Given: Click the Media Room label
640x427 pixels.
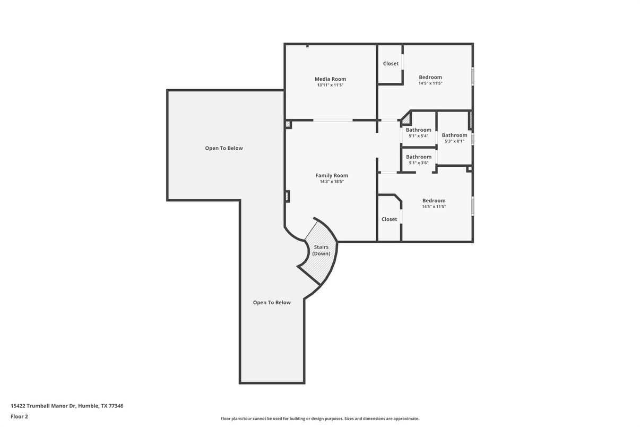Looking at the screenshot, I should pos(330,79).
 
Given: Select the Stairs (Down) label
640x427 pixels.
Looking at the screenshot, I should pos(321,250).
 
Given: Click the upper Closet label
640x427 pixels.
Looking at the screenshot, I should pos(391,64).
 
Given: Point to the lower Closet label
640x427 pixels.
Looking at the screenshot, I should pos(389,219).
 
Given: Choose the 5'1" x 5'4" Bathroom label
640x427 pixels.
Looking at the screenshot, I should pos(419,130).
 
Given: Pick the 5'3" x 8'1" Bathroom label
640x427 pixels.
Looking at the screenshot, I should pos(454,135).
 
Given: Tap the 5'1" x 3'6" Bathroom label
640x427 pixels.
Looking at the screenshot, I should pos(419,157).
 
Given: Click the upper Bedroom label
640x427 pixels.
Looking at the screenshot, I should pos(430,78).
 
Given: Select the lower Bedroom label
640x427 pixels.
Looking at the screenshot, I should pos(434,201).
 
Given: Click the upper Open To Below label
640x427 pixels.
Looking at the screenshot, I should pos(224,148).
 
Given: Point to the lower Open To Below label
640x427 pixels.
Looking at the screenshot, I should pos(272,303).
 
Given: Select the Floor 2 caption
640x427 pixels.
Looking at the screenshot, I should pos(19,416).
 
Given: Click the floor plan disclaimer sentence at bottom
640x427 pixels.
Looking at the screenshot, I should pos(319,419).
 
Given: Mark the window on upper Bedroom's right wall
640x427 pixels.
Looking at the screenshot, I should pos(472,75).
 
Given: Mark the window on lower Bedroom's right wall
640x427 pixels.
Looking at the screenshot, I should pos(472,206).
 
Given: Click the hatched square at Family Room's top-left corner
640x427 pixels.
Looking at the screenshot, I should pos(288,124).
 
